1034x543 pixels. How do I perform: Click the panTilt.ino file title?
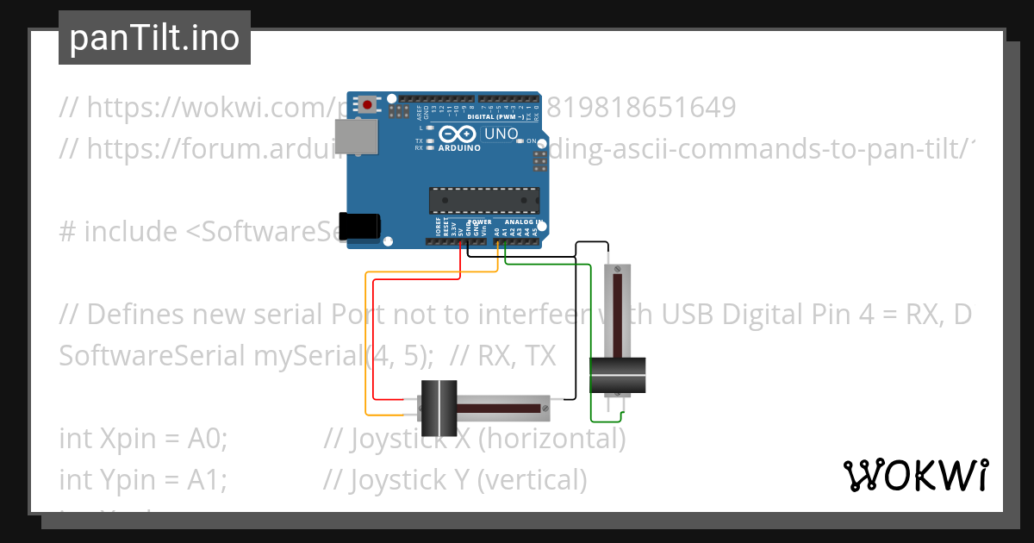coord(154,38)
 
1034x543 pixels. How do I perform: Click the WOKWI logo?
coord(915,475)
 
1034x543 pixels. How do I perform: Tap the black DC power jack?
coord(360,226)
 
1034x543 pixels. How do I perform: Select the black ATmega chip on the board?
coord(484,200)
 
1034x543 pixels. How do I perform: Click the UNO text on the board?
coord(501,134)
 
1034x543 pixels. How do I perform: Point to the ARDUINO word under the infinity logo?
coord(458,147)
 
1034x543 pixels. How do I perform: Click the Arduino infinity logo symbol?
coord(458,134)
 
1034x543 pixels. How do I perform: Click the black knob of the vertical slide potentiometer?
coord(618,375)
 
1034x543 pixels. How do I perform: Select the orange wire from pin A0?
coord(431,272)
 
